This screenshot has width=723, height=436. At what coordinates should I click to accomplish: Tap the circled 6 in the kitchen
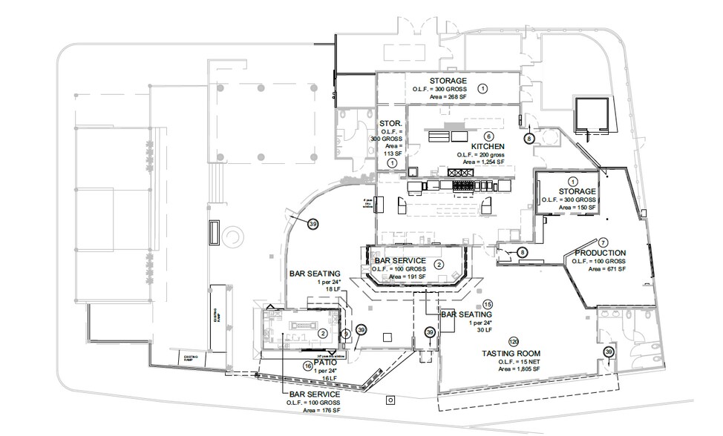[488, 136]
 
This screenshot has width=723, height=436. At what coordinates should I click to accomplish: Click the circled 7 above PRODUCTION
[603, 242]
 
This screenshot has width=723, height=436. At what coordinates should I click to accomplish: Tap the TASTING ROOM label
[511, 353]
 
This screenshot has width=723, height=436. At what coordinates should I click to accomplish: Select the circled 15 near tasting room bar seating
[488, 305]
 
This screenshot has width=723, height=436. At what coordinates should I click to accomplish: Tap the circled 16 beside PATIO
[307, 366]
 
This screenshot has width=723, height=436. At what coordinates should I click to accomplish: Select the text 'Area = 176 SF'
[315, 410]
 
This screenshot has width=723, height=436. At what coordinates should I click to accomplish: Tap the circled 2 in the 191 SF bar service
[439, 265]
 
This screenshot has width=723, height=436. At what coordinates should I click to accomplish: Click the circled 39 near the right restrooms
[609, 351]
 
